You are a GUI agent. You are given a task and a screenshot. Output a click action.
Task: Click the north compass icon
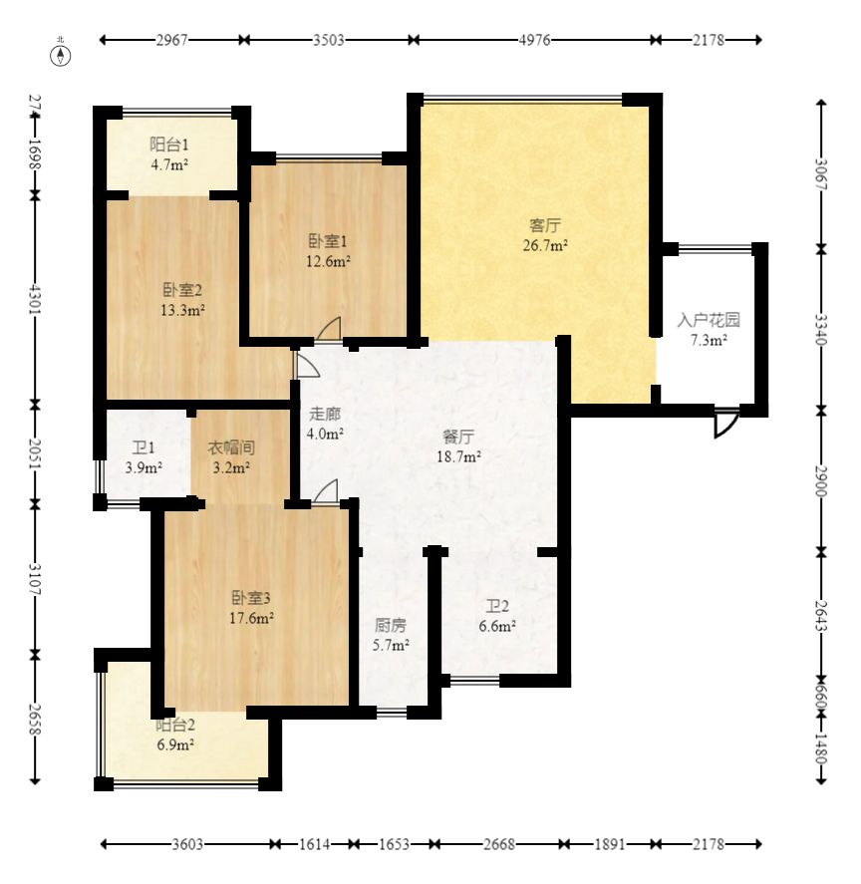tap(61, 56)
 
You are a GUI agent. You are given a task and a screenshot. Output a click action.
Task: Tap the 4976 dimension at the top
tap(534, 40)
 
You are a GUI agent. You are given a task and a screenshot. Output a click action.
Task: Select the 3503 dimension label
tap(328, 40)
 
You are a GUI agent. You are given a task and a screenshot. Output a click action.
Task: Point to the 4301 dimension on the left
tap(35, 299)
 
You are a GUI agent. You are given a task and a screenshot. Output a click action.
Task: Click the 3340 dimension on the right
tap(821, 329)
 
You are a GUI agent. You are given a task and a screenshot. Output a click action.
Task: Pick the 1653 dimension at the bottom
tap(394, 844)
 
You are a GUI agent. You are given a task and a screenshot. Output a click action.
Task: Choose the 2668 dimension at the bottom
tap(499, 844)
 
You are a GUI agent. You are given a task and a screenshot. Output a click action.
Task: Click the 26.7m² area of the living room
tap(545, 246)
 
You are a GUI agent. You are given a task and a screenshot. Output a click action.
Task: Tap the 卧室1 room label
tap(328, 241)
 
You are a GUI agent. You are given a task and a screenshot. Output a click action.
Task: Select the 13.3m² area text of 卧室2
tap(182, 310)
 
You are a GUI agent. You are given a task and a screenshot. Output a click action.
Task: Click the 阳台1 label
tap(169, 145)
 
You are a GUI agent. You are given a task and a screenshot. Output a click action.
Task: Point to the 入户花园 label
tap(709, 320)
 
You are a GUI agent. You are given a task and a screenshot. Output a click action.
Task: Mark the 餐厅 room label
tap(458, 437)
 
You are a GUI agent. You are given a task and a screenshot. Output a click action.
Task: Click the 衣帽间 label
tap(231, 447)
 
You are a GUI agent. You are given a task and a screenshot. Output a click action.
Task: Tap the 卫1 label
tap(143, 448)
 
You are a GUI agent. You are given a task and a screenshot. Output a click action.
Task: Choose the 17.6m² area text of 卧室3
tap(251, 619)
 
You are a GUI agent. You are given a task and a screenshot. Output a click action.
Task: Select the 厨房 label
tap(391, 625)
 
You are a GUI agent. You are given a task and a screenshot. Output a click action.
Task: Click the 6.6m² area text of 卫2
tap(497, 626)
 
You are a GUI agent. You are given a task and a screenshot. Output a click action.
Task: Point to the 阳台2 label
tap(175, 725)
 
